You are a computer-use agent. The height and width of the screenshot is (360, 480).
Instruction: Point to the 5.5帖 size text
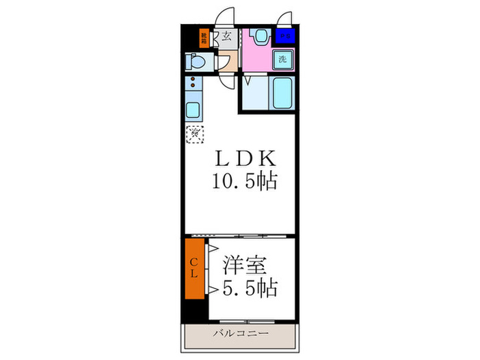[x=248, y=288]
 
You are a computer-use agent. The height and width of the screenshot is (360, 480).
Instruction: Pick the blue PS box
[x=284, y=36]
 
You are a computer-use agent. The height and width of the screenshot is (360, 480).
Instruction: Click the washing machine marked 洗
[x=283, y=59]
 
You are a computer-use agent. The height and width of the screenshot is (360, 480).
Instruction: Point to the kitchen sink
[x=192, y=110]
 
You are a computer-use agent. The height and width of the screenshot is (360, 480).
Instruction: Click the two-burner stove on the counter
[x=192, y=86]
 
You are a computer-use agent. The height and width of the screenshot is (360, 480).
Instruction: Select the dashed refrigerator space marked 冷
[x=194, y=134]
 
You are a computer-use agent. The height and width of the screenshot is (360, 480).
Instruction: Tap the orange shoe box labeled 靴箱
[x=204, y=37]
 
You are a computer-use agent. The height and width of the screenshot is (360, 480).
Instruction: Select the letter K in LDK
[x=267, y=159]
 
